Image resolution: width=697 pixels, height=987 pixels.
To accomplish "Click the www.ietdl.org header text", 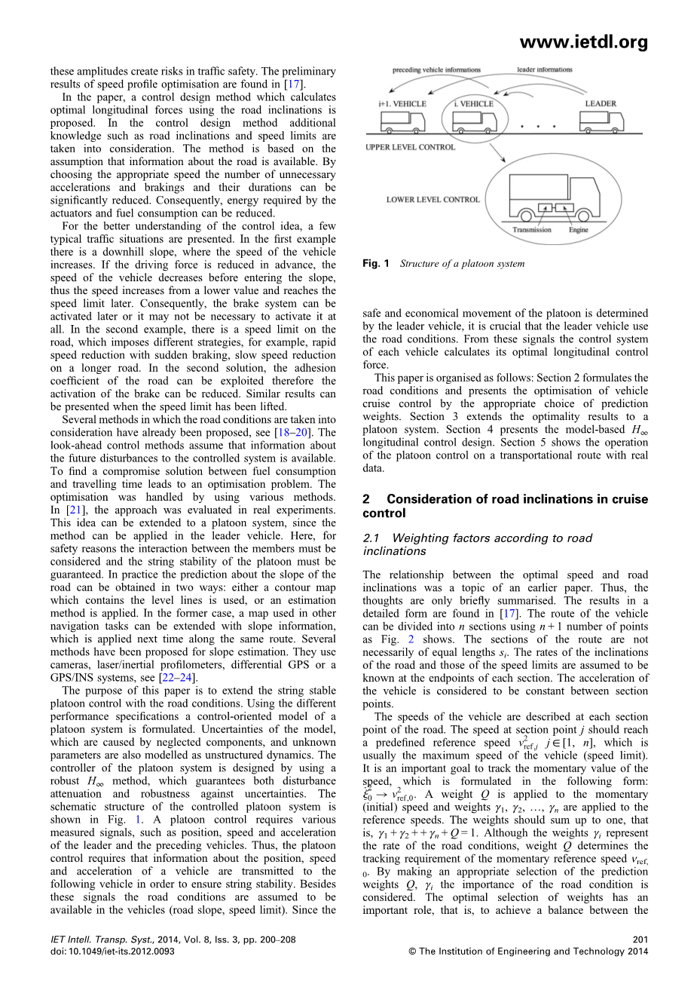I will [x=584, y=43].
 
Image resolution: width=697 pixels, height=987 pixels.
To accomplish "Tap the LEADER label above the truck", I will [x=600, y=103].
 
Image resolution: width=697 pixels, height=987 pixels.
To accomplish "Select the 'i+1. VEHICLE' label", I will [x=402, y=103].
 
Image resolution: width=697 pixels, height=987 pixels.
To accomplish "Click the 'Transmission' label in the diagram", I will [x=531, y=229].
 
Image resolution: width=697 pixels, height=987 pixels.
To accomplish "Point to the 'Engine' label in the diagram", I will [x=578, y=229].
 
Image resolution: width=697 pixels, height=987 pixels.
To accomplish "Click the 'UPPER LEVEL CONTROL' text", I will [x=410, y=147].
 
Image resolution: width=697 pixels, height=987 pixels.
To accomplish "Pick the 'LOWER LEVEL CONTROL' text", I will [x=433, y=200].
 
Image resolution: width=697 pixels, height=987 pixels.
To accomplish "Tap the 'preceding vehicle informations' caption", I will [x=436, y=70].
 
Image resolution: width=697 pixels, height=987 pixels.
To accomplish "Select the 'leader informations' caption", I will [x=544, y=69].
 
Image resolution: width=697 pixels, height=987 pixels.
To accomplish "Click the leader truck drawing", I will [x=602, y=121].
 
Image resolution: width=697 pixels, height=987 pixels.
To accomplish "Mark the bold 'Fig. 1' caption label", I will [x=375, y=264].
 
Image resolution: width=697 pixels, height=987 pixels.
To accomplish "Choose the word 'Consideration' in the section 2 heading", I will [x=431, y=499].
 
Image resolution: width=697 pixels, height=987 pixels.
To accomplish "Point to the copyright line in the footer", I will [x=527, y=952].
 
